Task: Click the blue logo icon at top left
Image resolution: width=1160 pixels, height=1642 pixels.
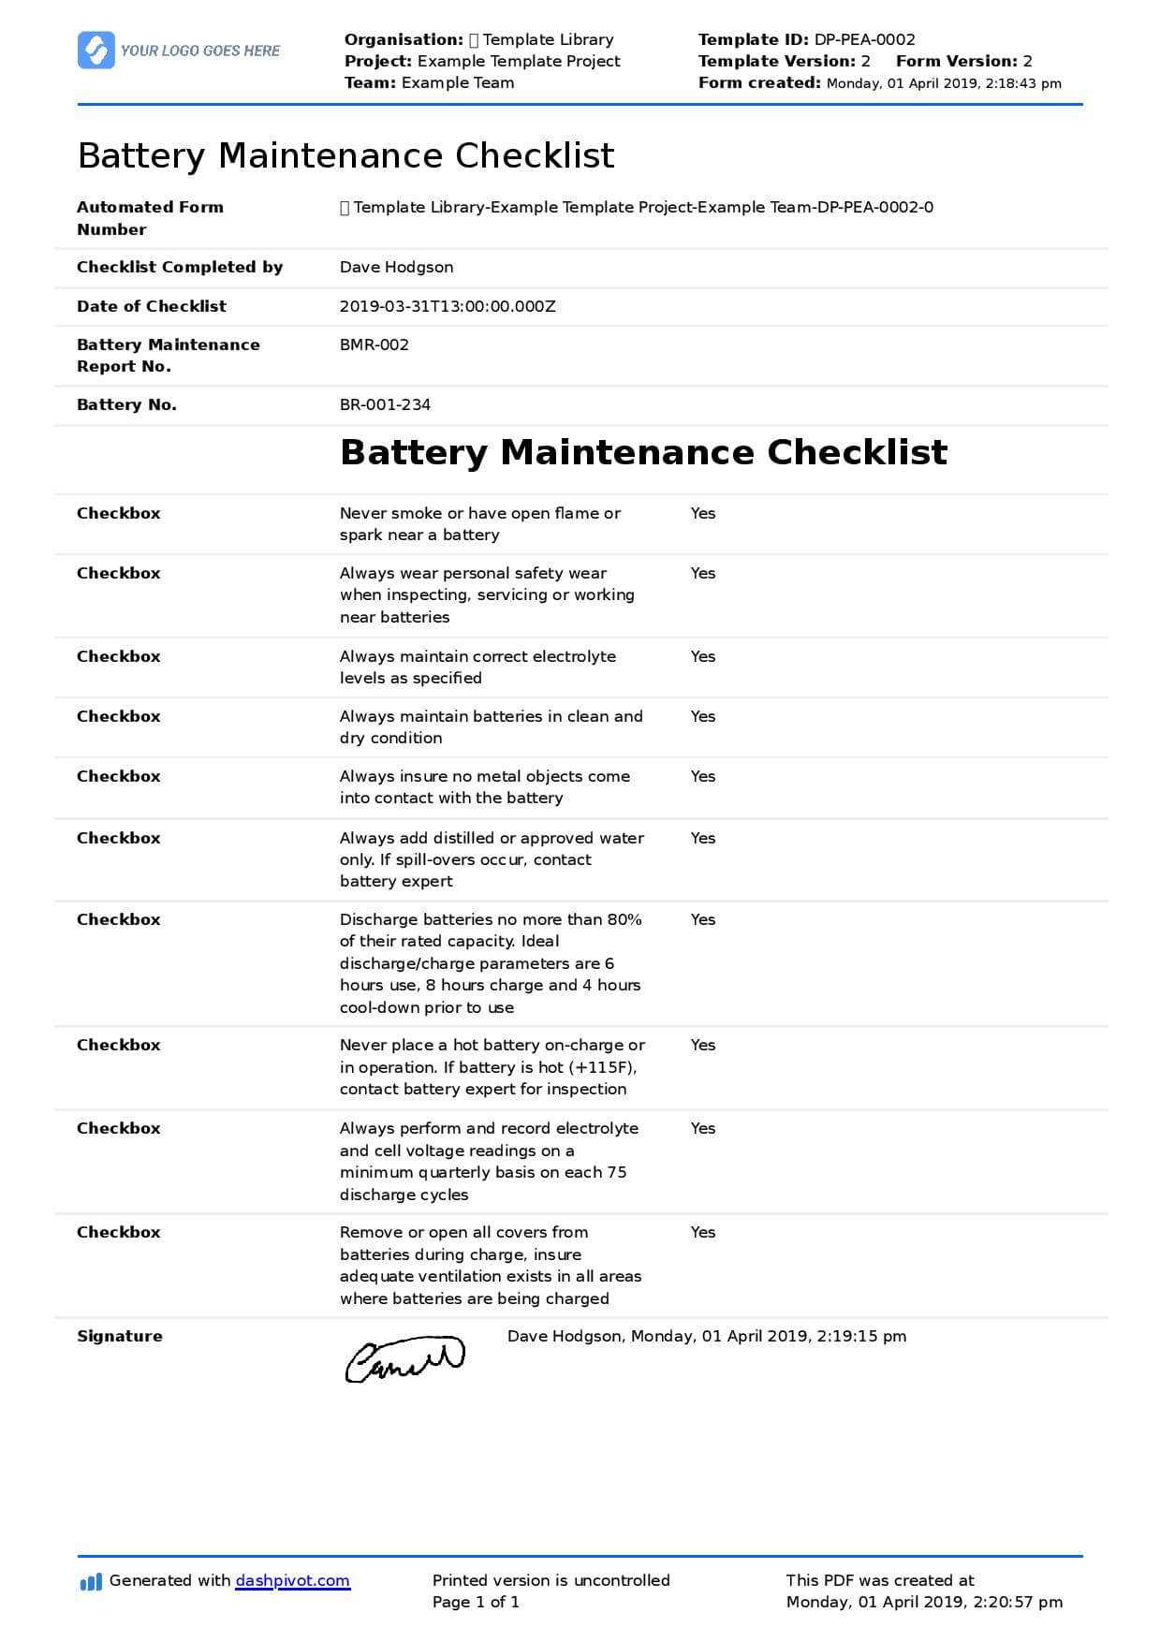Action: pos(96,51)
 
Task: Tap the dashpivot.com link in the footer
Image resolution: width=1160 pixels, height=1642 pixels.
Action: pos(292,1580)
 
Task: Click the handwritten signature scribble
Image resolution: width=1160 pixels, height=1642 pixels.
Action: pos(404,1359)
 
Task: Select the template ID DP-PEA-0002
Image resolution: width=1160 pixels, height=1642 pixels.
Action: pos(864,39)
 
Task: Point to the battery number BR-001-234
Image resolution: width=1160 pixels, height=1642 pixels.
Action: pos(385,405)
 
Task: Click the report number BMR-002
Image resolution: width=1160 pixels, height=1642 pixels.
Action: pos(374,345)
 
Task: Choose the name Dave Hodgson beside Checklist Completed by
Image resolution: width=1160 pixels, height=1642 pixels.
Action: pos(396,268)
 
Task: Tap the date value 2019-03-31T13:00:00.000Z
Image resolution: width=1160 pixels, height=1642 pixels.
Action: pos(448,306)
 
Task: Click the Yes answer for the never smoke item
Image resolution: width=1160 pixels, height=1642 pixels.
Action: pos(702,513)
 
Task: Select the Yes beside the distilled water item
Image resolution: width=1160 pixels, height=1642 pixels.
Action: pos(702,838)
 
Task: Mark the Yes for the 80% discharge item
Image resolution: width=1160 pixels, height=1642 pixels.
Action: pos(702,919)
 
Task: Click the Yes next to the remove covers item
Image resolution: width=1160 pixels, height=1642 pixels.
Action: pos(702,1232)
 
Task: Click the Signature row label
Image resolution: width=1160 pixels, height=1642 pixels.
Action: pos(119,1336)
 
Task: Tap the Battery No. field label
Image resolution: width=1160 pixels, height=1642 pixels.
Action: pos(126,405)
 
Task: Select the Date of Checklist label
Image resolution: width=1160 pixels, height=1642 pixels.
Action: pos(151,306)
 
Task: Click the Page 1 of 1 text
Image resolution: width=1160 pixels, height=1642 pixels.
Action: pos(476,1602)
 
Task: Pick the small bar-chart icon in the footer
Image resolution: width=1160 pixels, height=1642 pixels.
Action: pos(91,1581)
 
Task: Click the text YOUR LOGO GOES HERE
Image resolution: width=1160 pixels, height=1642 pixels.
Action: pos(200,51)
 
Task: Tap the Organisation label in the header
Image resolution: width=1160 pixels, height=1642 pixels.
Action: pos(403,39)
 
